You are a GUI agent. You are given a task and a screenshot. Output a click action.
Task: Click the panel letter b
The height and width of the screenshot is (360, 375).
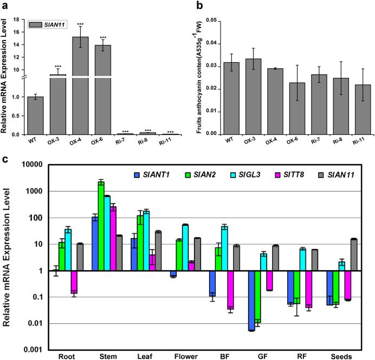click(x=200, y=6)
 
